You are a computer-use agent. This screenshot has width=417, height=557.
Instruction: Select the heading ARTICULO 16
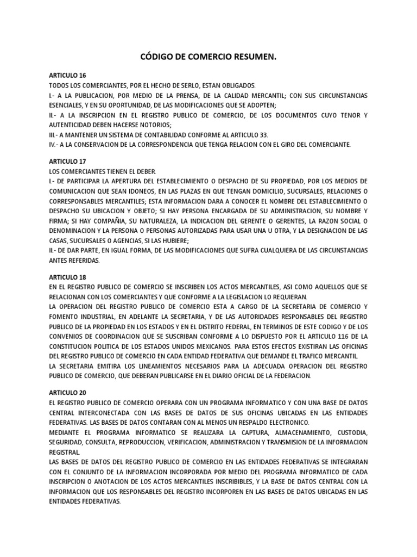click(67, 76)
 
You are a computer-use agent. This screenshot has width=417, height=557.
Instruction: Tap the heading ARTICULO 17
click(67, 162)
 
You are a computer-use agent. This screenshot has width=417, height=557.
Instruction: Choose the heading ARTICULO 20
click(67, 393)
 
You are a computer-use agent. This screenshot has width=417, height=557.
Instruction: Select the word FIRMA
click(58, 221)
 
